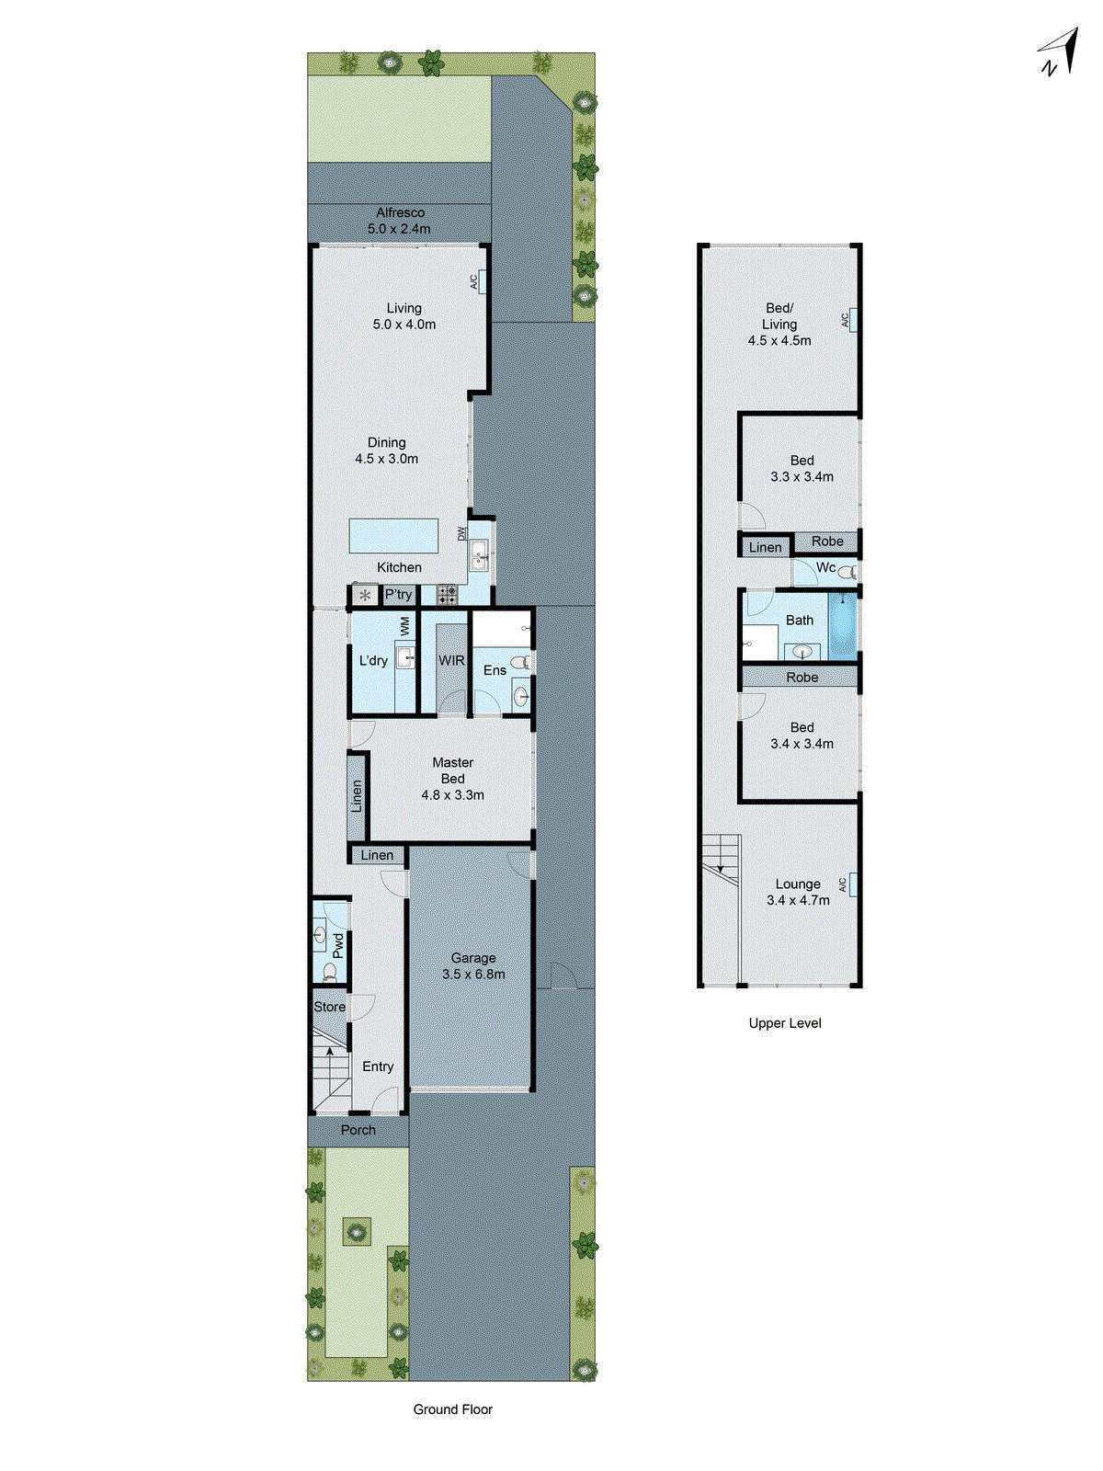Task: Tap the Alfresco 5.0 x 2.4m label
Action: pyautogui.click(x=400, y=221)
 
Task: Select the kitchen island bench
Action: pyautogui.click(x=393, y=536)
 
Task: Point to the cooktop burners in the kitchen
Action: pyautogui.click(x=447, y=595)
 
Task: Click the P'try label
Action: pyautogui.click(x=399, y=595)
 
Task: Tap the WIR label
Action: pyautogui.click(x=451, y=660)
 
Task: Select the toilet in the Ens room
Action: pyautogui.click(x=520, y=662)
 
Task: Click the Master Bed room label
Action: pyautogui.click(x=452, y=779)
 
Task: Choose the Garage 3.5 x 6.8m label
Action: pyautogui.click(x=472, y=965)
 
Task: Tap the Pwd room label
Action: pyautogui.click(x=338, y=945)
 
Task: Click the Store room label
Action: pyautogui.click(x=329, y=1007)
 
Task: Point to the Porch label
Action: pyautogui.click(x=358, y=1130)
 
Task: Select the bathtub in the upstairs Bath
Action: pyautogui.click(x=842, y=626)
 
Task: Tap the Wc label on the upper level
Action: pyautogui.click(x=825, y=568)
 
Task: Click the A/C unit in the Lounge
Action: pyautogui.click(x=853, y=884)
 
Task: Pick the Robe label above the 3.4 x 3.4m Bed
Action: pyautogui.click(x=802, y=678)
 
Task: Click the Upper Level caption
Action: pyautogui.click(x=784, y=1023)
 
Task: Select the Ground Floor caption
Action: pyautogui.click(x=452, y=1409)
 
